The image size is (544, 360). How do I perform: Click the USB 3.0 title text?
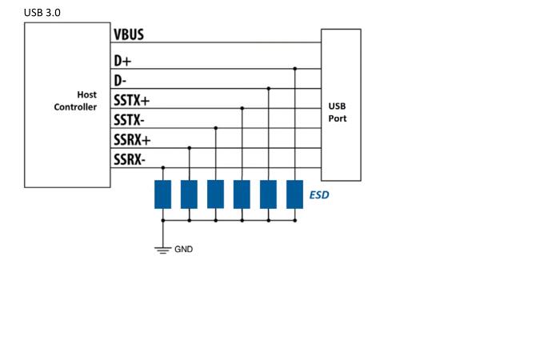click(x=42, y=13)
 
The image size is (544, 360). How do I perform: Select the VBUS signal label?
click(x=129, y=34)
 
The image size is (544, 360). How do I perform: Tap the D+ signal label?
click(x=122, y=61)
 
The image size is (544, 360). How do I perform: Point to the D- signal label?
click(x=120, y=81)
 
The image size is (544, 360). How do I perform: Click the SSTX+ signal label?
click(x=131, y=101)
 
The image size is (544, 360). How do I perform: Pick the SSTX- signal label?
click(x=129, y=120)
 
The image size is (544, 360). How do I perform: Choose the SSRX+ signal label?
click(x=132, y=140)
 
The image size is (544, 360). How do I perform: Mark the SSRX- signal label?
click(x=130, y=160)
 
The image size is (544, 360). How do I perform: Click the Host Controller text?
click(x=75, y=101)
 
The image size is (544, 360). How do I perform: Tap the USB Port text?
click(x=338, y=112)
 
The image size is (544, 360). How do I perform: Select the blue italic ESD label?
click(x=319, y=195)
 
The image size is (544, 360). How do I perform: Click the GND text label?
click(x=183, y=250)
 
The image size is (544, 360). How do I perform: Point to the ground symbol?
click(x=162, y=250)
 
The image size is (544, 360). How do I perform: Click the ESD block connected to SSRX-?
click(x=162, y=194)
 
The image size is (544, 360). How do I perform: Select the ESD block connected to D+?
click(x=294, y=194)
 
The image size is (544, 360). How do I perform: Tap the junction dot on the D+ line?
click(x=295, y=69)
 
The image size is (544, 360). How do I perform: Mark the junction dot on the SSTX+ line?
click(x=242, y=108)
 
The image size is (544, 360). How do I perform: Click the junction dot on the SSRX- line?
click(x=163, y=168)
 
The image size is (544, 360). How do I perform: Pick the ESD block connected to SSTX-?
click(x=215, y=194)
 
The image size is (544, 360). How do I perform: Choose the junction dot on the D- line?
click(x=269, y=89)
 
